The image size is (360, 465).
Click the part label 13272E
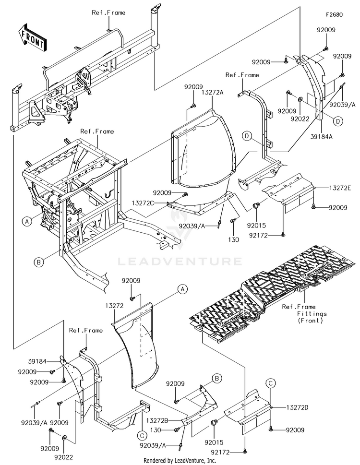(x=340, y=188)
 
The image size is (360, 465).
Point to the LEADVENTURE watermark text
(x=180, y=262)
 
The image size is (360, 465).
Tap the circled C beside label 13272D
(x=271, y=383)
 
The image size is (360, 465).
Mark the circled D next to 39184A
(x=338, y=121)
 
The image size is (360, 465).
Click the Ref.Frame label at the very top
(x=108, y=13)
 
